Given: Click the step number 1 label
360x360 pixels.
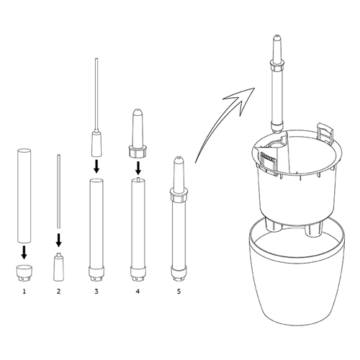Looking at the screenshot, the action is tap(24, 292).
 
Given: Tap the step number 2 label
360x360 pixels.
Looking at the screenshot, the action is tap(58, 292).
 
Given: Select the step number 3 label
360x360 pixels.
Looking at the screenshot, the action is tap(96, 292).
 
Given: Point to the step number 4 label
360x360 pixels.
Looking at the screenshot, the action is tap(138, 292).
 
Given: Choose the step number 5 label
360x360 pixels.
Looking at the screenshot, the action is tap(179, 292).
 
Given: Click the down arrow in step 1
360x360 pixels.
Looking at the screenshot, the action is tap(24, 252).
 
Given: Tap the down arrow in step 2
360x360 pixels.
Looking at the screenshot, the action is tap(58, 240).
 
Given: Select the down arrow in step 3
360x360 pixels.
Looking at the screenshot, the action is tap(96, 166).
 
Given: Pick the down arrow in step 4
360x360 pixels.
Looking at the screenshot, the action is tap(138, 168).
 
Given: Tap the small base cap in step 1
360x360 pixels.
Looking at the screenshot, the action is tap(24, 273).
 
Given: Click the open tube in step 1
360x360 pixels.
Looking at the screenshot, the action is tap(24, 195).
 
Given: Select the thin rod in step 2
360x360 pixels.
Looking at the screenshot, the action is tap(59, 191).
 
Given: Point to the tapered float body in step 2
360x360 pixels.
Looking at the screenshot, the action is tap(59, 266).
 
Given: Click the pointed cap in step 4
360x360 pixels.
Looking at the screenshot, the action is tap(138, 134).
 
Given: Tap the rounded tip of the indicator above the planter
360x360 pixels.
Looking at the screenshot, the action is tap(276, 37).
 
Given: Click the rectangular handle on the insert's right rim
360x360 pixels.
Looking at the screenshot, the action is tap(325, 132).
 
